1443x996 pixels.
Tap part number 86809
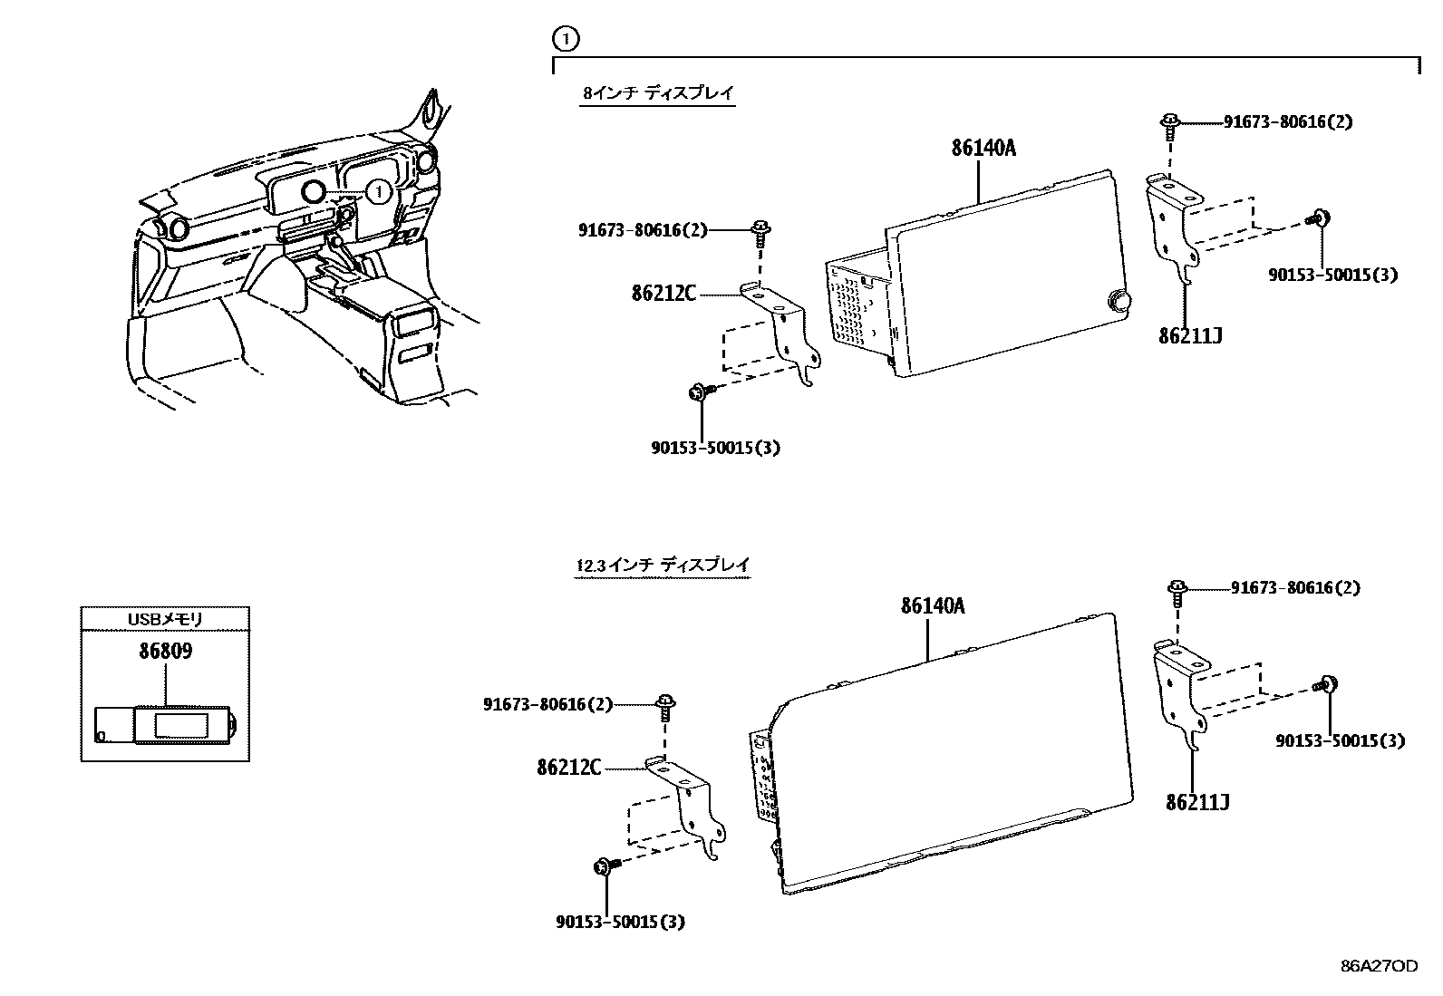click(165, 651)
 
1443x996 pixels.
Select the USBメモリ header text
click(165, 619)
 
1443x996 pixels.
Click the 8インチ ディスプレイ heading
click(657, 92)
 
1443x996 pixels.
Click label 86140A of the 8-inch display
click(983, 147)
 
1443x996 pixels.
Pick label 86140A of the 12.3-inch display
click(933, 605)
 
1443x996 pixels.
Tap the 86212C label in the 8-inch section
click(664, 293)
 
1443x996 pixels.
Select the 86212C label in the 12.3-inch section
click(568, 768)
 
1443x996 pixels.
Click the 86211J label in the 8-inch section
click(1190, 335)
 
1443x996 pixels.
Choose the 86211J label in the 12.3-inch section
click(1197, 802)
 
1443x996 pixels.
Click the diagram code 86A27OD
click(1379, 966)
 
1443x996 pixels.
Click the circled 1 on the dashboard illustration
click(379, 191)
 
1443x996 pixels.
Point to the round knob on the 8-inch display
click(1119, 300)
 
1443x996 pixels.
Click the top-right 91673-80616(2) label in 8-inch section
click(1288, 121)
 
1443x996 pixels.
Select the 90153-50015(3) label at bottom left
click(620, 922)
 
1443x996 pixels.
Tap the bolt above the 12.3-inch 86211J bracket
click(1177, 591)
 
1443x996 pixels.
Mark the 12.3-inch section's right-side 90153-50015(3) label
click(1340, 740)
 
